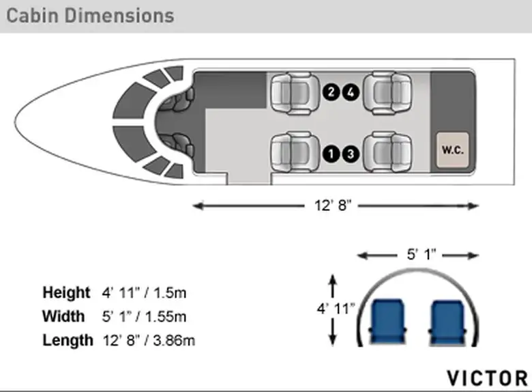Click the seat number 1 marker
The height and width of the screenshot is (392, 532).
331,154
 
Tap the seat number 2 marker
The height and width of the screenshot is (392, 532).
331,92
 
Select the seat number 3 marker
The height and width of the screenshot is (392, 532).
351,154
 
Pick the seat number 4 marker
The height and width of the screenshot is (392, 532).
351,92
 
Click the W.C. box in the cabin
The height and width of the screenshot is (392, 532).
453,150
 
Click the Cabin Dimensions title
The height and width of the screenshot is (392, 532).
90,16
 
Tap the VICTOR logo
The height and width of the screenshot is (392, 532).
487,378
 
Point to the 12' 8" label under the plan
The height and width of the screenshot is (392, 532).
333,206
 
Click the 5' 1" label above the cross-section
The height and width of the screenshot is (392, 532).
422,254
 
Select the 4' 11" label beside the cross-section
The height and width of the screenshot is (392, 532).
336,309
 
